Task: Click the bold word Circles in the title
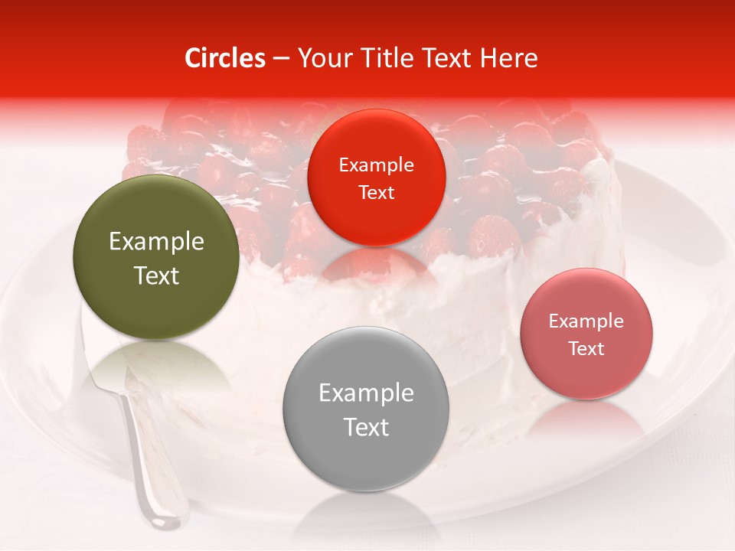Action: tap(225, 58)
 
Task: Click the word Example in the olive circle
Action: tap(156, 242)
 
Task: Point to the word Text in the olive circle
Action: tap(156, 275)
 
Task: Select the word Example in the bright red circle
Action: tap(376, 165)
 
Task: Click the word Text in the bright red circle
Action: tap(376, 192)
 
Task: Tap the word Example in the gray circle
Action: tap(366, 393)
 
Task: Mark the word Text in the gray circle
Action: tap(366, 427)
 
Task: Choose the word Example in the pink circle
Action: tap(586, 321)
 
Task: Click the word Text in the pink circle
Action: tap(586, 349)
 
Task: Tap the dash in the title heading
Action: tap(281, 58)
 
